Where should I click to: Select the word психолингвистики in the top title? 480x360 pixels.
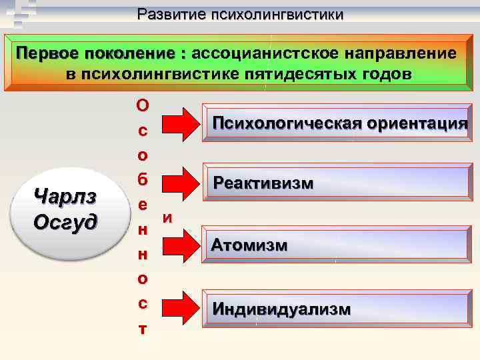click(x=279, y=14)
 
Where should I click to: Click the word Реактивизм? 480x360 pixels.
click(x=263, y=183)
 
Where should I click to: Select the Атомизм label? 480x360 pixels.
click(x=249, y=245)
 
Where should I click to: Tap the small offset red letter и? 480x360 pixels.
click(x=168, y=217)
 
